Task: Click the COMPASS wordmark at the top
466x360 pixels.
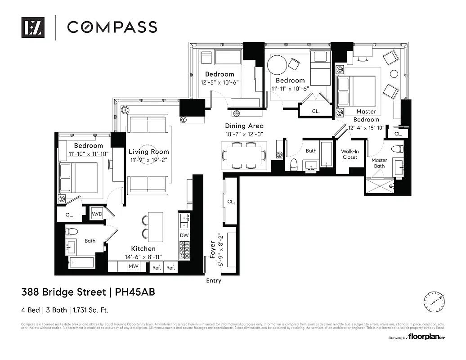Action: (x=112, y=27)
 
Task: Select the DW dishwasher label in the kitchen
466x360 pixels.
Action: (x=184, y=235)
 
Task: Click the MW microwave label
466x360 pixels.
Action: (x=133, y=267)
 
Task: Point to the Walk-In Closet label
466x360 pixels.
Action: (x=349, y=154)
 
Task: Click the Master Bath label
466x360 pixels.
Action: (x=379, y=163)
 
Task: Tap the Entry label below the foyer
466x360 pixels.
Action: (x=214, y=281)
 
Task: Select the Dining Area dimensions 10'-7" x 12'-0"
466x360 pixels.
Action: (x=244, y=135)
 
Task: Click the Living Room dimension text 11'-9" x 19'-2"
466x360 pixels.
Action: (x=149, y=160)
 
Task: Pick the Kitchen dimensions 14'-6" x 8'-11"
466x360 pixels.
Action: (x=143, y=257)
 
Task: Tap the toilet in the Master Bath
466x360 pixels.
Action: (x=397, y=149)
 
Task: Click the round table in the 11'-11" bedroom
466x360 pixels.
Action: (x=277, y=65)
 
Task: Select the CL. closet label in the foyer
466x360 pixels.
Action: (x=231, y=202)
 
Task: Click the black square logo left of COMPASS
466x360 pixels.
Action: (x=33, y=27)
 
